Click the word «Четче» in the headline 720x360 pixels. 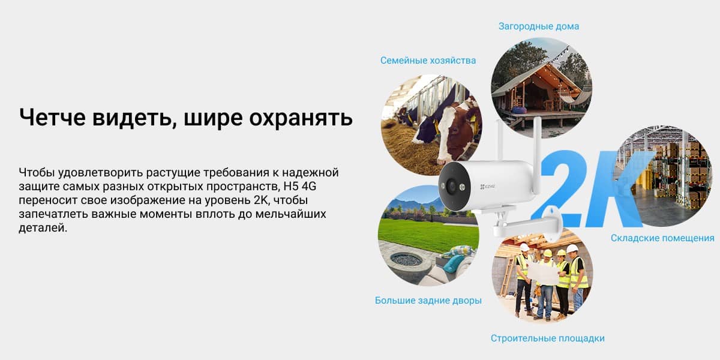(52, 117)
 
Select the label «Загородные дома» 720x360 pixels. (539, 26)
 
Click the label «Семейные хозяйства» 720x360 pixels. (428, 61)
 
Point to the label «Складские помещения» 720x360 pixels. (662, 238)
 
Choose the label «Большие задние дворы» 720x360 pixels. (428, 301)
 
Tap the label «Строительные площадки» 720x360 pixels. (547, 338)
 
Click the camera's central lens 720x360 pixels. (452, 186)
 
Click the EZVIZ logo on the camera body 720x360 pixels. (488, 187)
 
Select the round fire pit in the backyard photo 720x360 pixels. (407, 259)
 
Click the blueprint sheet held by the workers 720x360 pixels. (543, 273)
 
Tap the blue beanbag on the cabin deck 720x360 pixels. (519, 109)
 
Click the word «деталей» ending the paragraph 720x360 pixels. (43, 228)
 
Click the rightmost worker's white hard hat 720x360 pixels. (572, 249)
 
